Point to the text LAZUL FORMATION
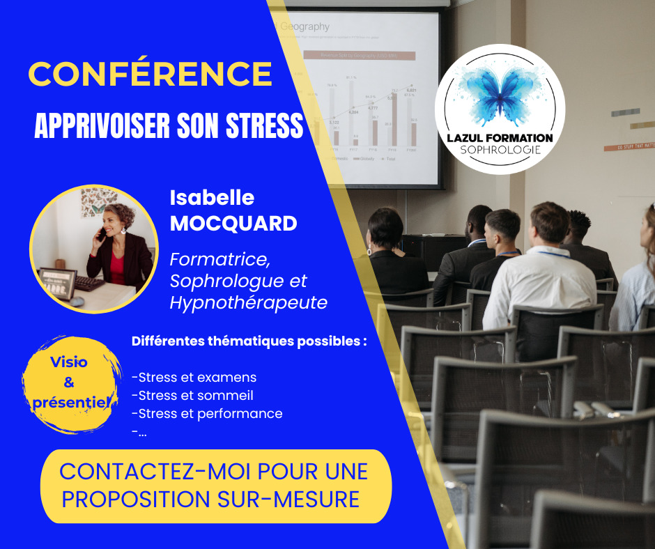[500, 138]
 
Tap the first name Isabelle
[213, 198]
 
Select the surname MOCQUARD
[233, 224]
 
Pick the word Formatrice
[219, 259]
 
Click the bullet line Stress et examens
[194, 378]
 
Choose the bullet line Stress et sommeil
[192, 396]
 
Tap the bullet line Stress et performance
[208, 413]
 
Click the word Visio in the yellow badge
[69, 363]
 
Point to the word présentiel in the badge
[70, 402]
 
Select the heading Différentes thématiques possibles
[249, 342]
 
